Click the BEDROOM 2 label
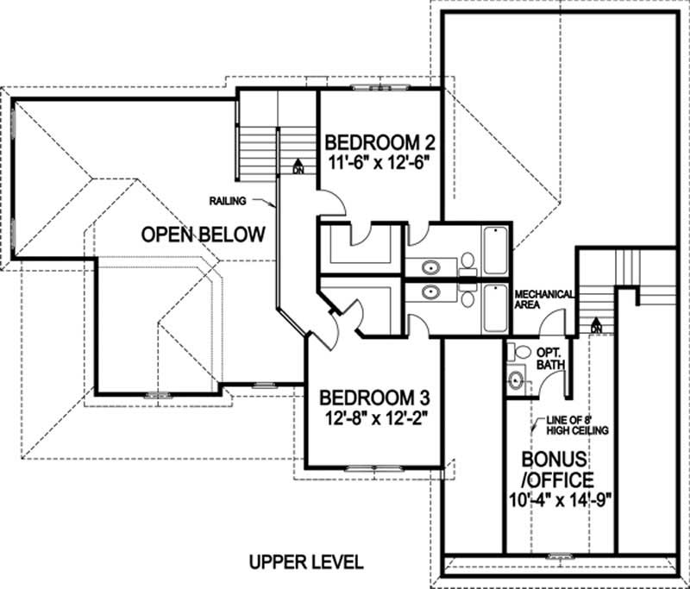click(378, 141)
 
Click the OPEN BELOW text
click(203, 235)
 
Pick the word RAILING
click(228, 201)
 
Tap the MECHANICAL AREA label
click(543, 299)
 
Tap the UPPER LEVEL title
click(306, 561)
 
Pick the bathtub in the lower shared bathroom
click(496, 309)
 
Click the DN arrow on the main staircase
click(298, 166)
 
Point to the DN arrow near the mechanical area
click(595, 325)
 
